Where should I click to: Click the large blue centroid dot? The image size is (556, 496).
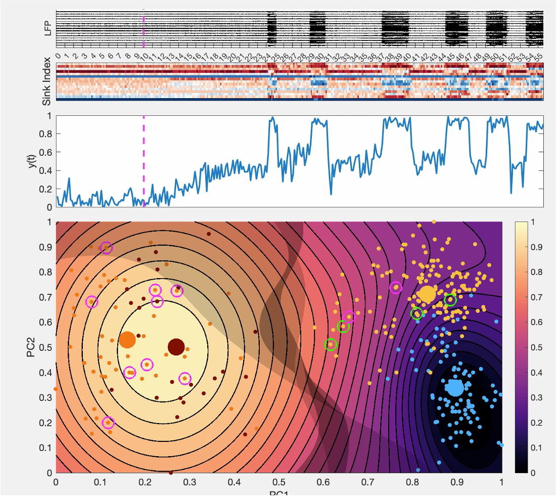point(455,388)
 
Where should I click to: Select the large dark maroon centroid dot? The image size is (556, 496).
point(176,347)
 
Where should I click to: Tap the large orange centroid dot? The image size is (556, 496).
point(127,340)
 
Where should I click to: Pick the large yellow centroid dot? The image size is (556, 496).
point(427,294)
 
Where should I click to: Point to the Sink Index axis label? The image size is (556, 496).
point(47,81)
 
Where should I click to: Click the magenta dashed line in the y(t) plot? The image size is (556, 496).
point(144,162)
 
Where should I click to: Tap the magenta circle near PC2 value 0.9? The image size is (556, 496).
point(106,248)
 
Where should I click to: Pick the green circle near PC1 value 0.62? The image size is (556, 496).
point(331,344)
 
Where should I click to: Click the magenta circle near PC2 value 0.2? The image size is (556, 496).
point(108,423)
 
